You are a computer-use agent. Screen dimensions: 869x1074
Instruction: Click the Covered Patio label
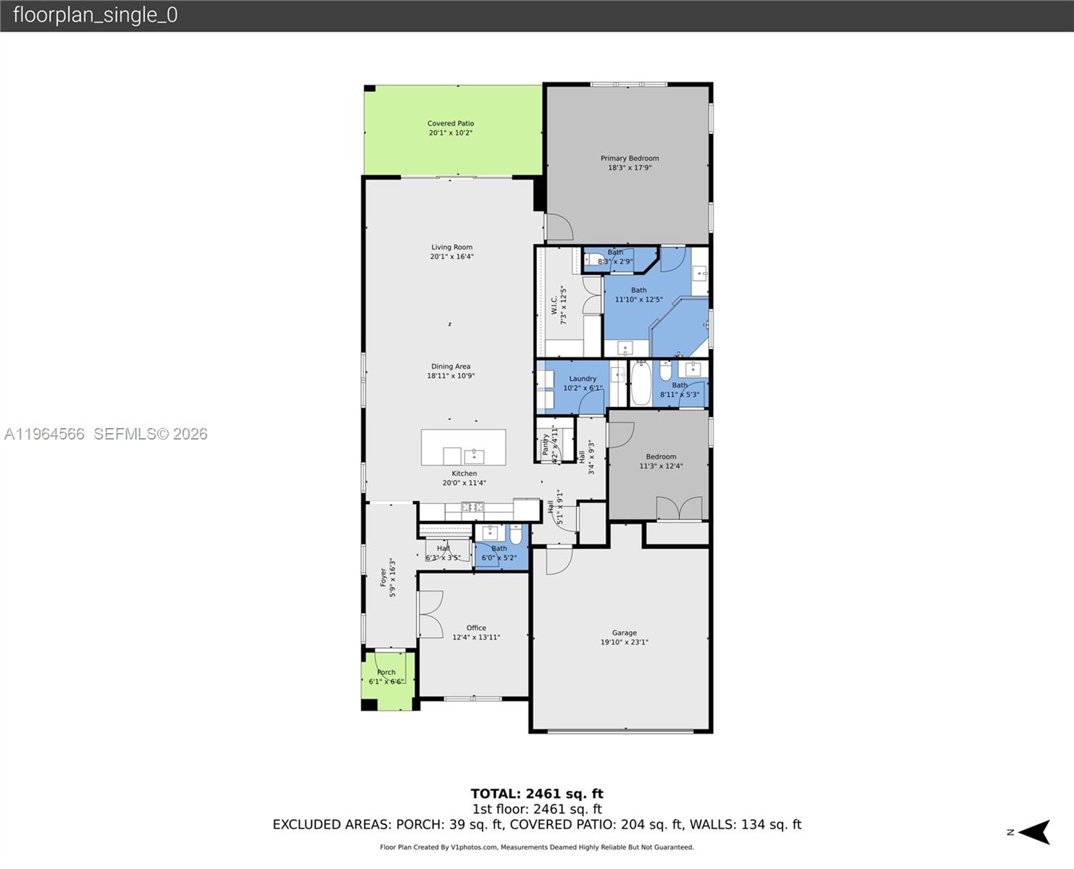(x=450, y=123)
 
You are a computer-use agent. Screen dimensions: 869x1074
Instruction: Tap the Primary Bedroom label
(x=629, y=158)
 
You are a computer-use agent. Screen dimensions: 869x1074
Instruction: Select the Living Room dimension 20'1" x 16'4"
(x=452, y=256)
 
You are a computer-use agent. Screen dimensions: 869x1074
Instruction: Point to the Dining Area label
(x=450, y=366)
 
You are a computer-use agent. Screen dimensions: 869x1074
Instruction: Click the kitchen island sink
(x=474, y=456)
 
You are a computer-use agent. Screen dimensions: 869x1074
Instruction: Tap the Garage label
(x=624, y=632)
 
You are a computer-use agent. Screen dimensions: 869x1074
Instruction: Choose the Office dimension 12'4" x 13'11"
(x=475, y=637)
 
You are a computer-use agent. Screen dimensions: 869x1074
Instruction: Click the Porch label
(x=386, y=672)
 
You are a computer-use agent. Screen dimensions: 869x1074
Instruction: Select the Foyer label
(x=384, y=577)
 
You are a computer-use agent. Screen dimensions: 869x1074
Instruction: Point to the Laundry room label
(x=583, y=378)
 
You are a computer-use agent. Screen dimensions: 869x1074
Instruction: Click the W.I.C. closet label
(x=554, y=304)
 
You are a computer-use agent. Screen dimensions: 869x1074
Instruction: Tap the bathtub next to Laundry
(x=640, y=384)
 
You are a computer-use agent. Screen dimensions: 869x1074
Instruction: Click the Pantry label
(x=546, y=445)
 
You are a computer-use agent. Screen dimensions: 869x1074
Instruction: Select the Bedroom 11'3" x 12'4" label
(x=661, y=456)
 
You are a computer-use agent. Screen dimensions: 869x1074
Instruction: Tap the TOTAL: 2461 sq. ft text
(x=536, y=794)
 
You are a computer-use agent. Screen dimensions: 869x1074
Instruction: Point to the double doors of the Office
(x=430, y=614)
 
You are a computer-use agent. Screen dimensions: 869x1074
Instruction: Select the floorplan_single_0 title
(x=95, y=15)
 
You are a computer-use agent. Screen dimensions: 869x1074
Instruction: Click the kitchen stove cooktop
(x=473, y=507)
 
